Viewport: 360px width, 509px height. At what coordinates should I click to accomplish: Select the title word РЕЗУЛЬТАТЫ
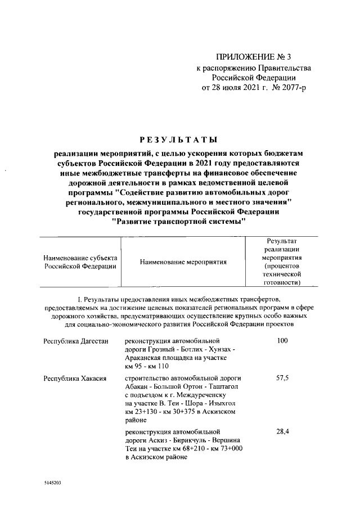[178, 139]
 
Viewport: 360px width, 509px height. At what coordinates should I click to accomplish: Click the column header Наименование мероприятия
[183, 262]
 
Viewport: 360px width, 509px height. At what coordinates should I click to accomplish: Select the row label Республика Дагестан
[75, 341]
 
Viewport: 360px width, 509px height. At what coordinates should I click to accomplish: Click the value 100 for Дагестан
[282, 341]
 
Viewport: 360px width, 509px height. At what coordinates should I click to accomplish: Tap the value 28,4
[282, 431]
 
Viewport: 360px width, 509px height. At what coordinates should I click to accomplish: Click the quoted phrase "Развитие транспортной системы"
[179, 222]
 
